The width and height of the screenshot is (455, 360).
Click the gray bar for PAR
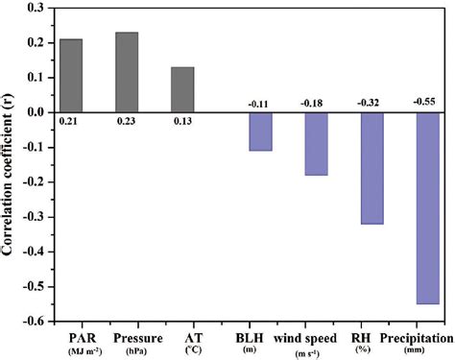[71, 76]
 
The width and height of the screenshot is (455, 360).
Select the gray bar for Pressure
[127, 72]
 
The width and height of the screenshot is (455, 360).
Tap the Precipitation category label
[417, 338]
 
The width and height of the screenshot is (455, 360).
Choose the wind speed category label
[309, 338]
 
